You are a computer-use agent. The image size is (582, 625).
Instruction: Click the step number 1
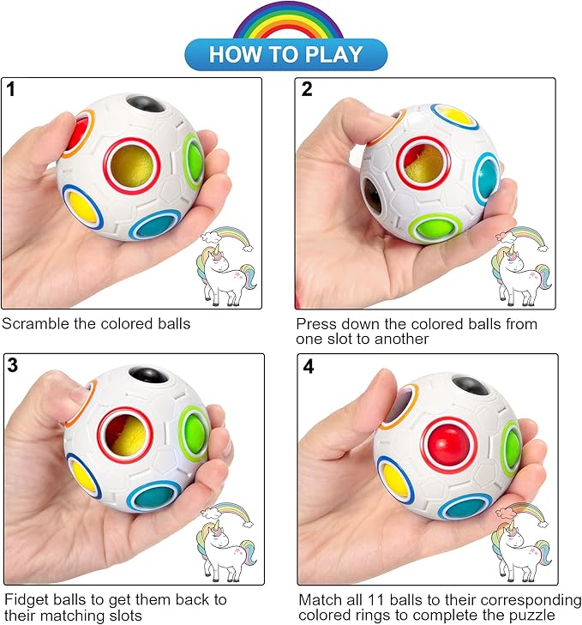(11, 89)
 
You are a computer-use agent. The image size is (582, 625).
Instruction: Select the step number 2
(307, 90)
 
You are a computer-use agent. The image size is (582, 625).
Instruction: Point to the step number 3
(12, 366)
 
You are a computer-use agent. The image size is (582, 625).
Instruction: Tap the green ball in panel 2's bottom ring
(435, 229)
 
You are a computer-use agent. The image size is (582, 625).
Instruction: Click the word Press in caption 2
(315, 324)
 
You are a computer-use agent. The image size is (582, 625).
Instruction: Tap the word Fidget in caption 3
(25, 598)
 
